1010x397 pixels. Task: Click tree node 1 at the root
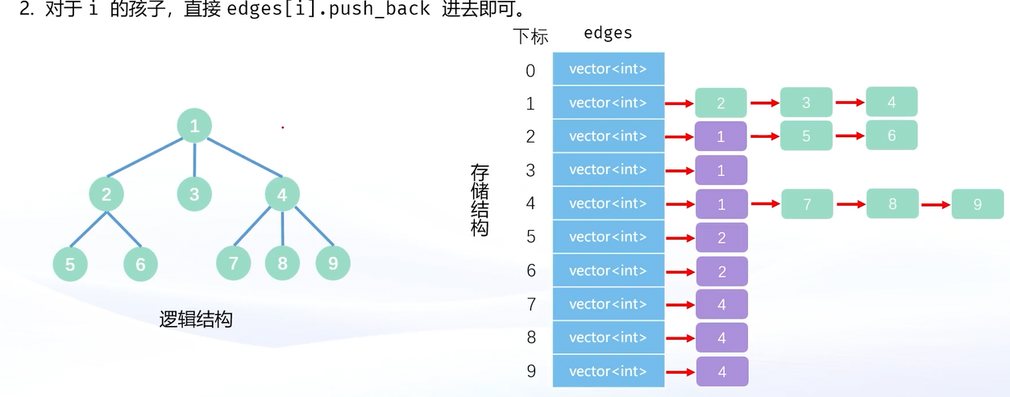pos(194,126)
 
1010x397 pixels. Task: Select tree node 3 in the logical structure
pos(194,194)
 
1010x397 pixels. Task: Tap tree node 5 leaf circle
pos(70,264)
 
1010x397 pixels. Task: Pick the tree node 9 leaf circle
pos(333,263)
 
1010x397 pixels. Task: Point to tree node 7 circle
pos(234,263)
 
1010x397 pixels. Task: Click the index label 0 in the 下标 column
pos(530,71)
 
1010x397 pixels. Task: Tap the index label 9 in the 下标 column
pos(530,372)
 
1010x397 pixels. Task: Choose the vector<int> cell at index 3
pos(609,169)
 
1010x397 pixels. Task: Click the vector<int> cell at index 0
pos(609,69)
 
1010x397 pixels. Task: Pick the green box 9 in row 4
pos(977,204)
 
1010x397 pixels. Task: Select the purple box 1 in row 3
pos(721,171)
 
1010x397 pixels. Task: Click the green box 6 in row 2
pos(892,136)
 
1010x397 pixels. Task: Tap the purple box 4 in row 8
pos(721,338)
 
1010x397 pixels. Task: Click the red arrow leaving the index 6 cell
pos(680,272)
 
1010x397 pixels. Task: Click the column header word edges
pos(608,34)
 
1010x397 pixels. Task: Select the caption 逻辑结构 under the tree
pos(196,320)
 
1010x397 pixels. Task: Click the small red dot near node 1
pos(282,127)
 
